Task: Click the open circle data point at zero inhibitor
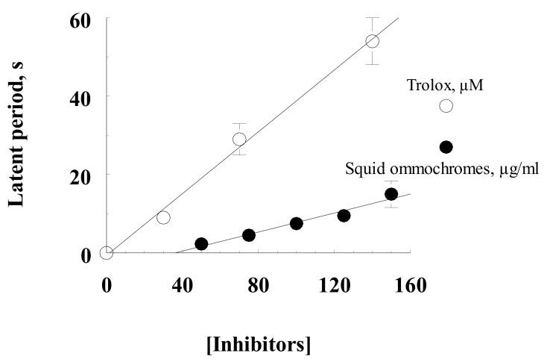pyautogui.click(x=107, y=253)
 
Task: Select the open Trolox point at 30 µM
pyautogui.click(x=163, y=217)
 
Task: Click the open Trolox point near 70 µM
pyautogui.click(x=239, y=139)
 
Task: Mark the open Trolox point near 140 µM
pyautogui.click(x=372, y=41)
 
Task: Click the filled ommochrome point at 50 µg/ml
pyautogui.click(x=201, y=244)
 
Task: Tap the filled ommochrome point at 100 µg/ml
pyautogui.click(x=296, y=223)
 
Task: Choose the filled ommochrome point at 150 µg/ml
pyautogui.click(x=391, y=194)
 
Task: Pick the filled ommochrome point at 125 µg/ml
pyautogui.click(x=344, y=216)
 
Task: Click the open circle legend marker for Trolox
pyautogui.click(x=446, y=106)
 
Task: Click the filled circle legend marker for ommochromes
pyautogui.click(x=446, y=147)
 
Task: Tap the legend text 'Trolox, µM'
pyautogui.click(x=443, y=86)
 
